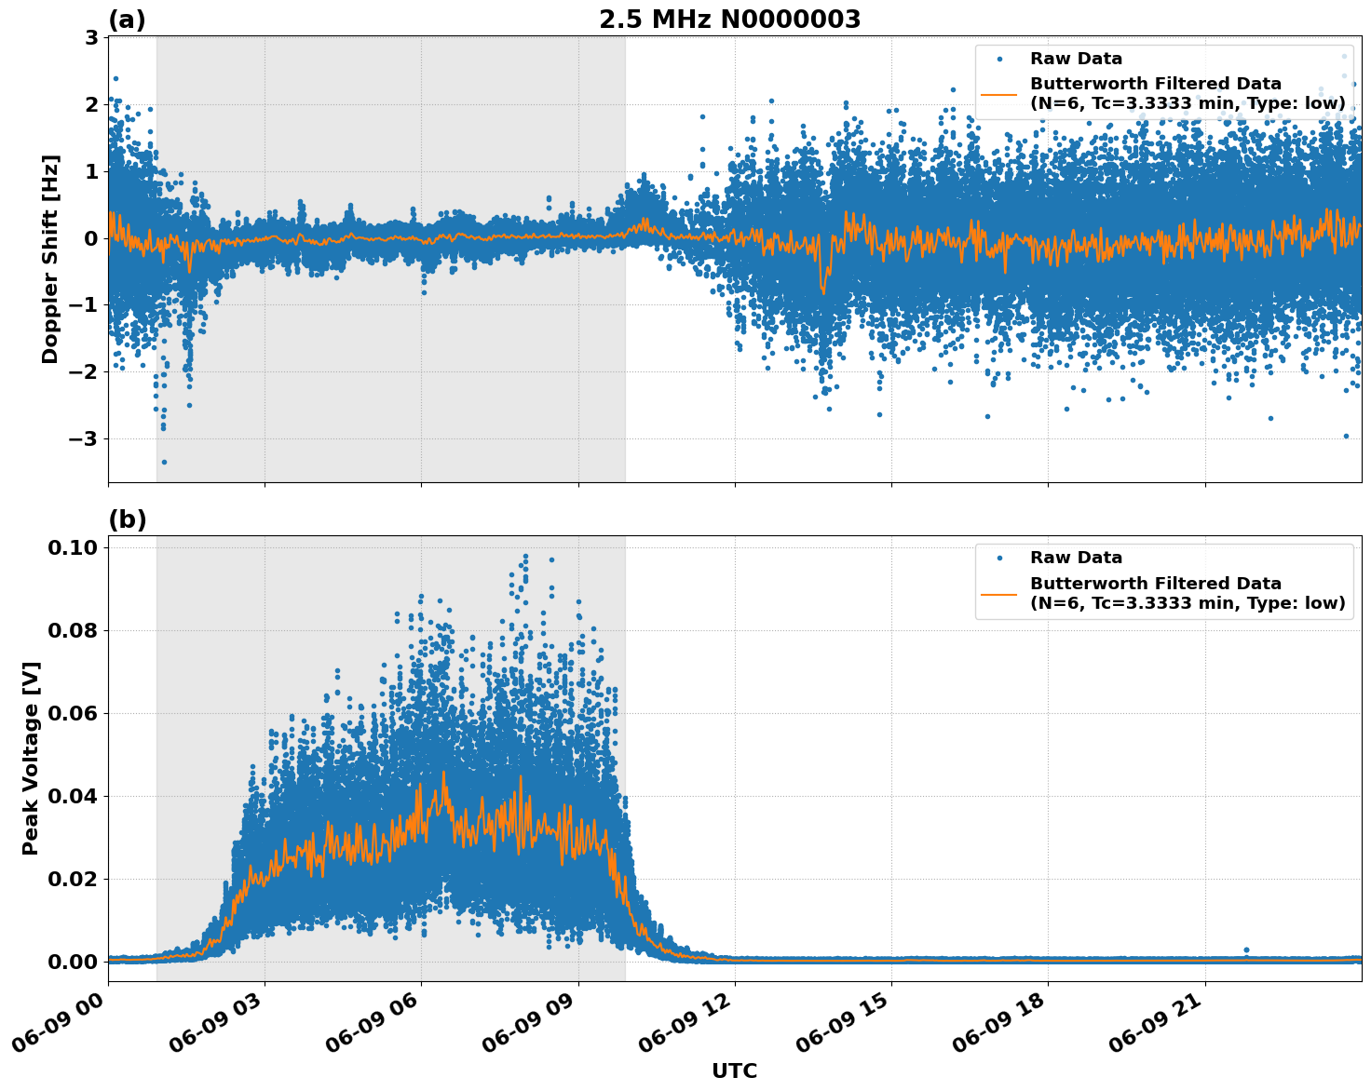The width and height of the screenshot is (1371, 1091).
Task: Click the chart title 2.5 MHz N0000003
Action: (729, 20)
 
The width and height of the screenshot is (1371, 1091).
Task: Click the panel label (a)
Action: (127, 20)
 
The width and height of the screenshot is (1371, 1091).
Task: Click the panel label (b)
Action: (127, 519)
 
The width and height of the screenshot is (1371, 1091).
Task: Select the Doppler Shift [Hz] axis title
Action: (50, 259)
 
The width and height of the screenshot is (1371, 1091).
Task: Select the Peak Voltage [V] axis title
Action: (31, 778)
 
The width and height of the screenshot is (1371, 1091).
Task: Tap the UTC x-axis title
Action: (734, 1071)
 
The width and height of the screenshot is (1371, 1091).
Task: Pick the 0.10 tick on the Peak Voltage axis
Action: (73, 547)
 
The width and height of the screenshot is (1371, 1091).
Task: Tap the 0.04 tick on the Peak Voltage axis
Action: (73, 796)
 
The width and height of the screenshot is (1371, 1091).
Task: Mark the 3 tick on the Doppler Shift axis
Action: (92, 37)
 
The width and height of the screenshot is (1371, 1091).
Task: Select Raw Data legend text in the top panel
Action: (1076, 59)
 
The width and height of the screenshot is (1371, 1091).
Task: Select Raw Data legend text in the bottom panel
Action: (1076, 558)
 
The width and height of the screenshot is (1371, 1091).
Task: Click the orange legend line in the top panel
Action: (998, 93)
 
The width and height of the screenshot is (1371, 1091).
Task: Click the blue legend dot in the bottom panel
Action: (998, 558)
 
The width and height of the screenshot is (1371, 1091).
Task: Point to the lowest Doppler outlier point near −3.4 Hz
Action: (164, 462)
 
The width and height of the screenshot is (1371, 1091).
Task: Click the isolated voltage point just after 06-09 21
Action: (1246, 950)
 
